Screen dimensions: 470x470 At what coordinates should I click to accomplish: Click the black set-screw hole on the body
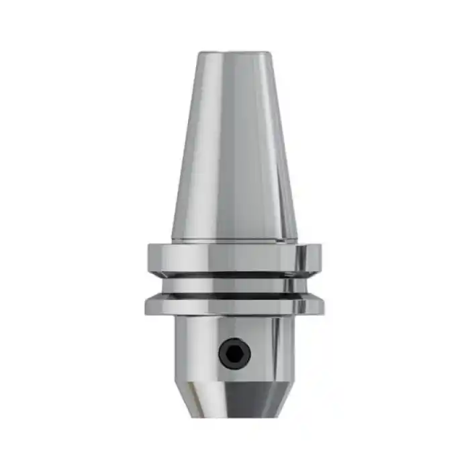click(235, 352)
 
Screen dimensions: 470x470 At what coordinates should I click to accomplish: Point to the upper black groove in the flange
click(234, 275)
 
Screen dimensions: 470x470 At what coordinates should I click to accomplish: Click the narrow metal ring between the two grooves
click(234, 285)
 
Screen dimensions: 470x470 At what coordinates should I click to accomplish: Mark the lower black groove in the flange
click(234, 295)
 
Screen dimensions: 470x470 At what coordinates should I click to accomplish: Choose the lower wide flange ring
click(234, 307)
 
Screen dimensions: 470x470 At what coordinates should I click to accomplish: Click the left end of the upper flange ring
click(150, 258)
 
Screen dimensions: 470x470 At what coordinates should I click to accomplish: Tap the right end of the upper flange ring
click(320, 258)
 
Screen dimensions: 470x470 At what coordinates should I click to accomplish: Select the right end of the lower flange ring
click(323, 307)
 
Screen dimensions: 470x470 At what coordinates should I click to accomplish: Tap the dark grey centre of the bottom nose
click(242, 399)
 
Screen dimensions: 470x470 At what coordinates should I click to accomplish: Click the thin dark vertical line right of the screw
click(274, 349)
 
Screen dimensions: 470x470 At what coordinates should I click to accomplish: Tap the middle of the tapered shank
click(235, 148)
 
